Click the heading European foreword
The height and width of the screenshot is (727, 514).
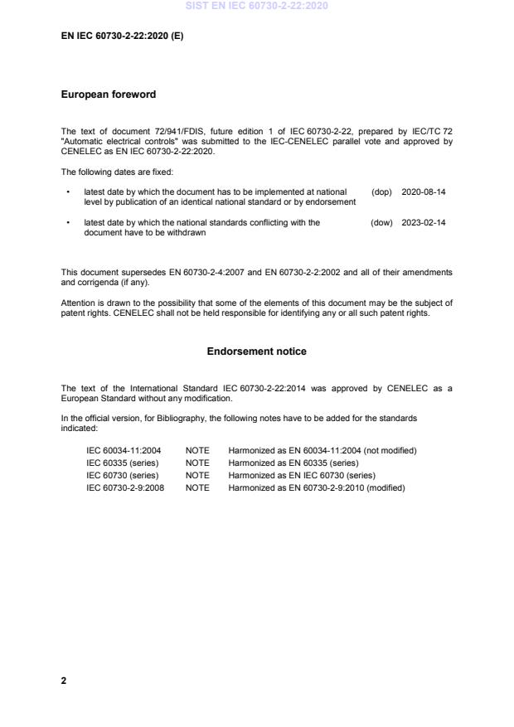click(109, 95)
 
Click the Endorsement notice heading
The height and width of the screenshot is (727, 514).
click(256, 351)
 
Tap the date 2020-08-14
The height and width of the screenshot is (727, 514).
click(424, 191)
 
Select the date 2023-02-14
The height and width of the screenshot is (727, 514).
click(424, 223)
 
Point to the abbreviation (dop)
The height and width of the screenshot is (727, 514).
click(381, 191)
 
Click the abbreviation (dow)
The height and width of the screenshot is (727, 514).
click(381, 223)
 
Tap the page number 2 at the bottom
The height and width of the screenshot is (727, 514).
click(64, 681)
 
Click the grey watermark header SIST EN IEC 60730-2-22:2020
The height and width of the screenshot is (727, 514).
click(257, 6)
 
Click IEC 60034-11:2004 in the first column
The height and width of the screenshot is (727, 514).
click(124, 450)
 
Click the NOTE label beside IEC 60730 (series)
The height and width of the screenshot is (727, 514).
click(197, 476)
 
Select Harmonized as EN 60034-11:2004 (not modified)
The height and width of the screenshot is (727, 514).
click(322, 450)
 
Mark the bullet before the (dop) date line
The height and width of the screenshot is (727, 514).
click(67, 191)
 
